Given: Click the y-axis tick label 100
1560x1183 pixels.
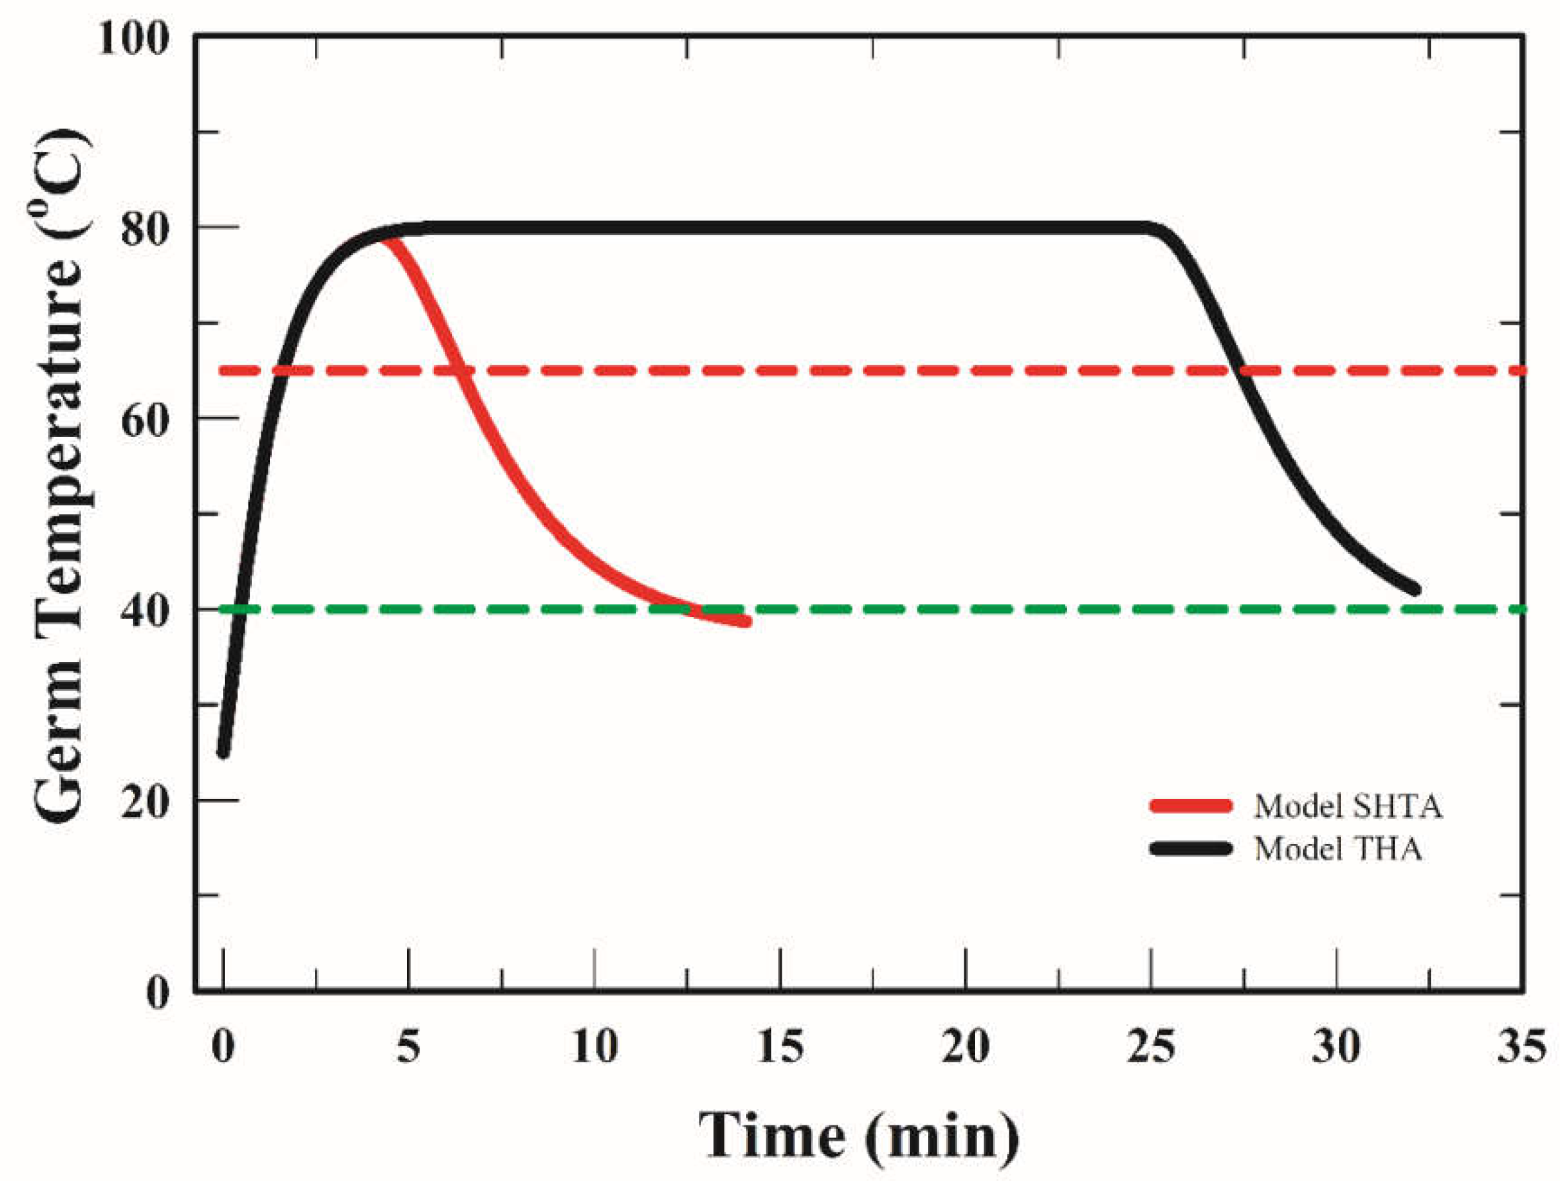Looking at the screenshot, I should coord(133,38).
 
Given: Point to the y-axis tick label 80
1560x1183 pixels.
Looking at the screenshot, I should coord(144,228).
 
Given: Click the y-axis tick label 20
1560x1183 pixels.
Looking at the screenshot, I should coord(144,802).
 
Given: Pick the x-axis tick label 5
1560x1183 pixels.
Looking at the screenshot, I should coord(408,1046).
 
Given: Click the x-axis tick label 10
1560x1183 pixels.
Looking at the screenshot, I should coord(594,1046).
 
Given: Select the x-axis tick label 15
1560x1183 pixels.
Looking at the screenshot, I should coord(779,1046).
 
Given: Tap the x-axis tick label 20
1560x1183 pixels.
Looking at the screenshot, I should coord(965,1046).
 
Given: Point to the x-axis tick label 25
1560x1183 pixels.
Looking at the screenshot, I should coord(1150,1046).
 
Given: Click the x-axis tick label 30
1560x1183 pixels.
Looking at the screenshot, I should coord(1336,1046).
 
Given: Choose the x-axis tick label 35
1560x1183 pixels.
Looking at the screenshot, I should coord(1521,1046).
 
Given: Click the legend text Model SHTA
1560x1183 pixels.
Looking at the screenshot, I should coord(1348,806).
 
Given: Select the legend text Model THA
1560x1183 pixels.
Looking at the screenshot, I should coord(1338,849).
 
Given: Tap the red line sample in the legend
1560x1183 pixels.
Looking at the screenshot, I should coord(1191,806).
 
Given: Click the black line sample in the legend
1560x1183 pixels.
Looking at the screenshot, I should coord(1191,849).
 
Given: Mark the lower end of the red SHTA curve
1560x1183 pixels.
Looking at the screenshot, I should coord(746,622).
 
